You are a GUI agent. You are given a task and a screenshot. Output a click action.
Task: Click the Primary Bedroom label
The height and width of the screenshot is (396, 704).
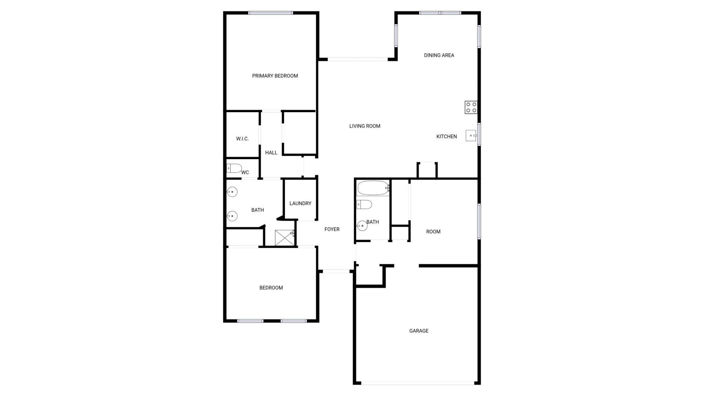click(275, 76)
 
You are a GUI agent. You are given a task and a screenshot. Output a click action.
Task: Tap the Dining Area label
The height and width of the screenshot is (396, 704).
click(439, 55)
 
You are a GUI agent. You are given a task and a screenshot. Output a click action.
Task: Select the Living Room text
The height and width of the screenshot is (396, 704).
click(364, 126)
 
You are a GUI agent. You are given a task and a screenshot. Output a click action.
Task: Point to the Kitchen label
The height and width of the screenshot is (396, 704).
click(446, 136)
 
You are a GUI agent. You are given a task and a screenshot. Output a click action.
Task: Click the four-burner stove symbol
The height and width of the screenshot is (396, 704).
click(471, 107)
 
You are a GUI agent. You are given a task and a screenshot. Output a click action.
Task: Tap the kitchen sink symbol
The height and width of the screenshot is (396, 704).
click(471, 136)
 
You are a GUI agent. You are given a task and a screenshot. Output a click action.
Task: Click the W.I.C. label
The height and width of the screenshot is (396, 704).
click(242, 139)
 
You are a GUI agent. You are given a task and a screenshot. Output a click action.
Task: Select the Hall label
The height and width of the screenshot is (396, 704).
click(271, 153)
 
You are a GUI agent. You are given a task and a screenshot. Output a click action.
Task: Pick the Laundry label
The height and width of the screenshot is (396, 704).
click(300, 203)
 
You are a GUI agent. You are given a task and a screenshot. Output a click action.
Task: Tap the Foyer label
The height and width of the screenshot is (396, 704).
click(332, 229)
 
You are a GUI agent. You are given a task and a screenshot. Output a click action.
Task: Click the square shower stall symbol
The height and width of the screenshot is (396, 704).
click(285, 238)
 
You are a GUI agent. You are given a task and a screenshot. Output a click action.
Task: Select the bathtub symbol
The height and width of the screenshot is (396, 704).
click(373, 188)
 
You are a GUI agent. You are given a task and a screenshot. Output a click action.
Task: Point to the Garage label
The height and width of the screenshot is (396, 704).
click(419, 331)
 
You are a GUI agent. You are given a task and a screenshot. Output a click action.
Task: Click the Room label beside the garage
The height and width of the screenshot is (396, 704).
click(433, 232)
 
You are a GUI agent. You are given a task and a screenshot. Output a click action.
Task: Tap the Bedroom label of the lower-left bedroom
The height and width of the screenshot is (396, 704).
click(271, 288)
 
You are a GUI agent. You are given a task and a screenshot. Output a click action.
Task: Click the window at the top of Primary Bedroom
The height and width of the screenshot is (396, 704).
click(271, 13)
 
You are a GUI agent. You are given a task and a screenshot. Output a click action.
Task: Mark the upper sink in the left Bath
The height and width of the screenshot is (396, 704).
click(232, 192)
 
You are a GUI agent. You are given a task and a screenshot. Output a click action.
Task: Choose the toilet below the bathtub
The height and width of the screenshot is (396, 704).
click(364, 204)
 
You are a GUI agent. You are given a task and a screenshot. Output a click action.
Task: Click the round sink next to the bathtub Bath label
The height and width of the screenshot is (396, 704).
click(362, 226)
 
